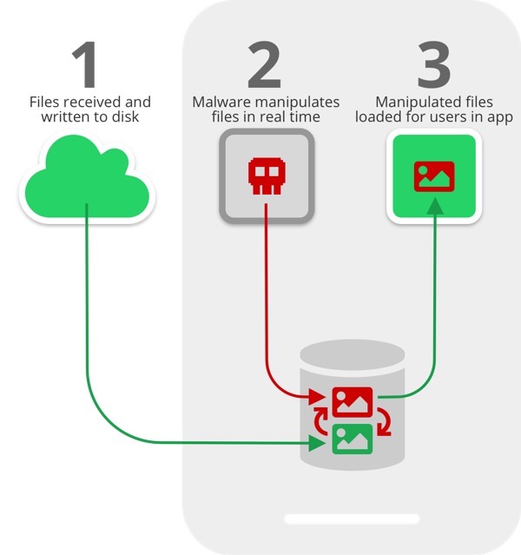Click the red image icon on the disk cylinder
(352, 402)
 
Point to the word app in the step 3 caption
(499, 116)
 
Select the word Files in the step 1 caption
(46, 102)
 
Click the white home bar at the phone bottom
(352, 519)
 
